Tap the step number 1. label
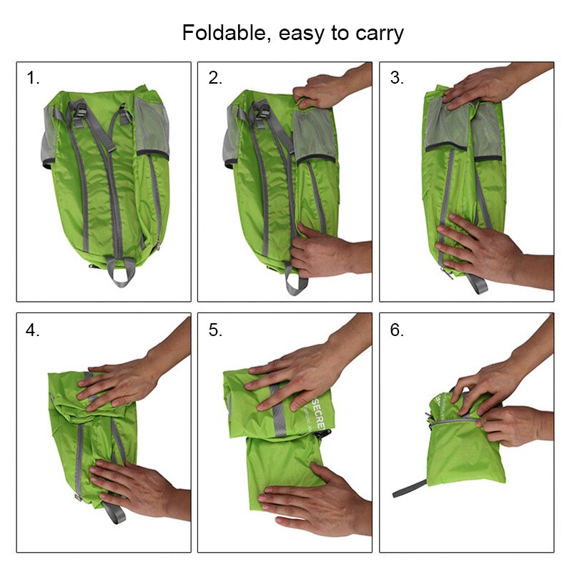pyautogui.click(x=34, y=79)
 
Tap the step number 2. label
pyautogui.click(x=215, y=79)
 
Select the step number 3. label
pyautogui.click(x=397, y=79)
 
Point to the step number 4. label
pyautogui.click(x=34, y=330)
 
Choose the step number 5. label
pyautogui.click(x=215, y=330)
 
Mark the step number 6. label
pyautogui.click(x=397, y=330)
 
